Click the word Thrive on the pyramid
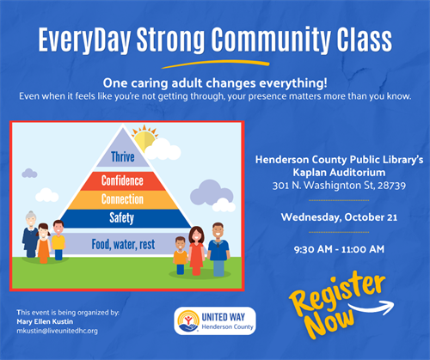(123, 157)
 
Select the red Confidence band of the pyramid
(123, 181)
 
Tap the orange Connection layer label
(122, 199)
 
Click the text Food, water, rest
(123, 244)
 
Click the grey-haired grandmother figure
(30, 235)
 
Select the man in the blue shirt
(218, 249)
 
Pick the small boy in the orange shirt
(181, 255)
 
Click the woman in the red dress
(197, 251)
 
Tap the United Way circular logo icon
(188, 321)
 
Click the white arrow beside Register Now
(372, 308)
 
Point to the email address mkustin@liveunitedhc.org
(57, 331)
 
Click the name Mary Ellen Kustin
(45, 321)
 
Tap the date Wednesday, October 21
(339, 217)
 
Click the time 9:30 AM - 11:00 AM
(339, 249)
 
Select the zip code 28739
(391, 186)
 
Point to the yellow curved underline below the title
(216, 64)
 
